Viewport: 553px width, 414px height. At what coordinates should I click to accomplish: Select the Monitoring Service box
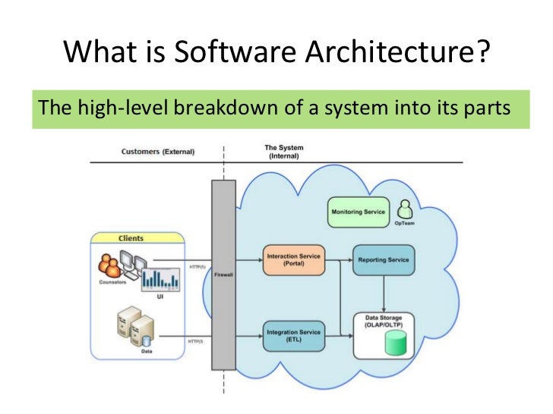(x=358, y=212)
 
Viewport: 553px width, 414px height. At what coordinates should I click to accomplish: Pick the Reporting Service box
(x=384, y=260)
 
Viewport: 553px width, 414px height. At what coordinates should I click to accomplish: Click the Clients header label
(x=131, y=238)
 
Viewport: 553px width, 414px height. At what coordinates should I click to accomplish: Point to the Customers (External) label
(x=157, y=152)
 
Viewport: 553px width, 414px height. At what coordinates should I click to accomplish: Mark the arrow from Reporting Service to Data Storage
(x=384, y=291)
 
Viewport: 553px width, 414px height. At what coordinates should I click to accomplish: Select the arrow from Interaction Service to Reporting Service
(x=338, y=260)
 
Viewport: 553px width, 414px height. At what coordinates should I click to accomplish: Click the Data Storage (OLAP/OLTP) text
(x=384, y=321)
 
